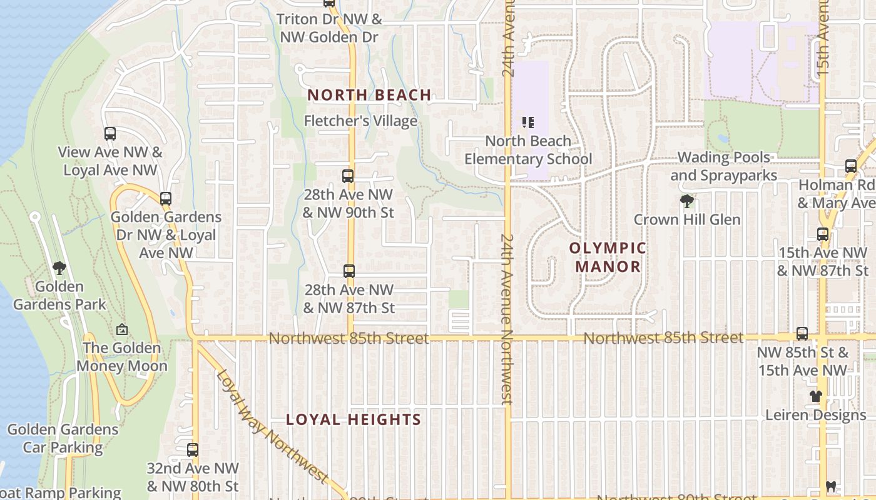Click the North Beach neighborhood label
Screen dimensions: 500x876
click(369, 96)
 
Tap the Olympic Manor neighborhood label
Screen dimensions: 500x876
click(607, 257)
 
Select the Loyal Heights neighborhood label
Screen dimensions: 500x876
click(354, 419)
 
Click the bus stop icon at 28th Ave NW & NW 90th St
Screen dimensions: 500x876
click(348, 176)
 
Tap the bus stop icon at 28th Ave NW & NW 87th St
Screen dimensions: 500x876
click(349, 271)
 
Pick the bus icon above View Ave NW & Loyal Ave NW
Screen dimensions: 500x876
click(110, 133)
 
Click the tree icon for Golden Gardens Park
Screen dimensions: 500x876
click(59, 268)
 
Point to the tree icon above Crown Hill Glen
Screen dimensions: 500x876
click(687, 201)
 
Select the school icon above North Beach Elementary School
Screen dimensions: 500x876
click(527, 122)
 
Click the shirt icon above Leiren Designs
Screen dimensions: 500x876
click(815, 396)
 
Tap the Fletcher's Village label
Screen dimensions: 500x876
click(360, 121)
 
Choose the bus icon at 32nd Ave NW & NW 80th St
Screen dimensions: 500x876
click(193, 449)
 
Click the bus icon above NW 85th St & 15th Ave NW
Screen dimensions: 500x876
click(802, 334)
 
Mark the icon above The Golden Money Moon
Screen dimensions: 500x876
click(122, 329)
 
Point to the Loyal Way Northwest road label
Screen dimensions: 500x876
click(272, 427)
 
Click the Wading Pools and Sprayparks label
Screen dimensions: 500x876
click(724, 166)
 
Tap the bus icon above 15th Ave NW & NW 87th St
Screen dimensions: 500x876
click(823, 234)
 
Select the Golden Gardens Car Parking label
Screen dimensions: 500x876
click(63, 438)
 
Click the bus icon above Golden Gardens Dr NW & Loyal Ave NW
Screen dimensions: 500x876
click(166, 199)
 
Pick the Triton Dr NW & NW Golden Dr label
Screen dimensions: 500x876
click(329, 28)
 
